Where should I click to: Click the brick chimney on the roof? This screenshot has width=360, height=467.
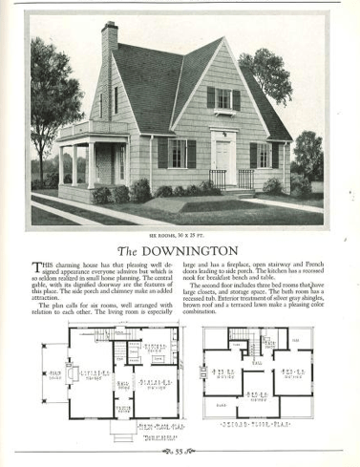[109, 42]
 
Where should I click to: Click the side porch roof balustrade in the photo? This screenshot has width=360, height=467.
[80, 129]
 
